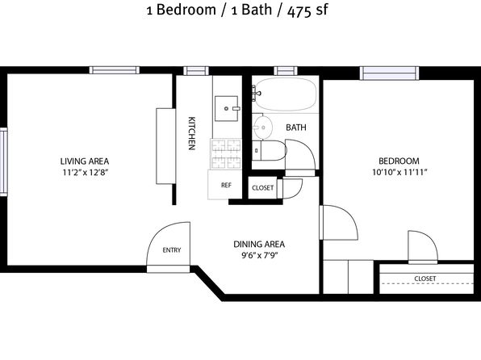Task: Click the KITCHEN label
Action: [191, 133]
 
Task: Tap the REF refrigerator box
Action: [224, 185]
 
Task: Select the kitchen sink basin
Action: [227, 108]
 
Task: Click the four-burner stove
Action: [226, 153]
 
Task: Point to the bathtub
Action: [286, 94]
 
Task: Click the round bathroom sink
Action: [263, 128]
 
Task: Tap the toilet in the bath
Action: [269, 150]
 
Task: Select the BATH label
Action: [296, 128]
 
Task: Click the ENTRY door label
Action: [172, 250]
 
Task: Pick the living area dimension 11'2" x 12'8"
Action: [86, 172]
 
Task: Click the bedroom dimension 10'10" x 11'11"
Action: [399, 172]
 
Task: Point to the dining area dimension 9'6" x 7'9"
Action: [260, 255]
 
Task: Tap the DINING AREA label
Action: [259, 245]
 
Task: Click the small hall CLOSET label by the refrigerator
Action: [262, 187]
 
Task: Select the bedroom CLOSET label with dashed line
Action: [425, 278]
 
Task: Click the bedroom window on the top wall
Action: [389, 73]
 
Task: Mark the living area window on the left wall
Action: [3, 161]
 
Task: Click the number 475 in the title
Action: [299, 11]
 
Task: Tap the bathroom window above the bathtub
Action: [286, 71]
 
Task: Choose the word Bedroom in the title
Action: [186, 10]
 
